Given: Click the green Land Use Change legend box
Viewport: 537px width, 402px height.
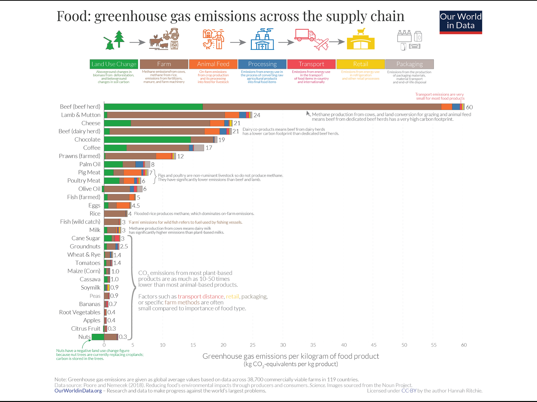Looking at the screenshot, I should [x=114, y=64].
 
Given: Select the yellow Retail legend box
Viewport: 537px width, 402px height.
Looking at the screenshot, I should [x=360, y=64].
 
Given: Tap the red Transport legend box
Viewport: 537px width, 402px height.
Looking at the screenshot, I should [x=311, y=64].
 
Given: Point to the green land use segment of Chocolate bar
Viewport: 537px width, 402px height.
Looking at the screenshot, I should [x=147, y=140].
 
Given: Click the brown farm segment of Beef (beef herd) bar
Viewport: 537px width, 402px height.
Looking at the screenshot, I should [x=322, y=107].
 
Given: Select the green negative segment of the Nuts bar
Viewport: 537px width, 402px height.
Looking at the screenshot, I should [x=98, y=337].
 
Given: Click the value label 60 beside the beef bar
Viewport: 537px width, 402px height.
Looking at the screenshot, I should [x=469, y=107].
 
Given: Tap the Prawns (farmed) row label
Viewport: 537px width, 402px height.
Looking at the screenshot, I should [x=79, y=156].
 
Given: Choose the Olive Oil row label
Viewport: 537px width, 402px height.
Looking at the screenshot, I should [x=89, y=189].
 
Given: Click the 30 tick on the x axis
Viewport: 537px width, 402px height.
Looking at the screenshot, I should [x=283, y=345].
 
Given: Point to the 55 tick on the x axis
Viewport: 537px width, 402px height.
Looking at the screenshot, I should [x=433, y=345].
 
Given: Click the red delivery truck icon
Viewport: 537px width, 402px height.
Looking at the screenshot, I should [x=305, y=35].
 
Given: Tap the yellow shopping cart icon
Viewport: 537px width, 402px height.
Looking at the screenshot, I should [x=361, y=31].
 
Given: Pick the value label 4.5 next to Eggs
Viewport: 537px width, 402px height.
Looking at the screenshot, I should [x=136, y=206].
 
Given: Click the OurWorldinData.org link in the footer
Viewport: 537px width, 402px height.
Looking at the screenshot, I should [x=78, y=391].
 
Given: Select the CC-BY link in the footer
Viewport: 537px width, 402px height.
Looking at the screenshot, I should [x=409, y=391].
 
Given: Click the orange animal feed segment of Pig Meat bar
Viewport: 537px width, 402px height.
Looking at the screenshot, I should [x=132, y=172].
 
